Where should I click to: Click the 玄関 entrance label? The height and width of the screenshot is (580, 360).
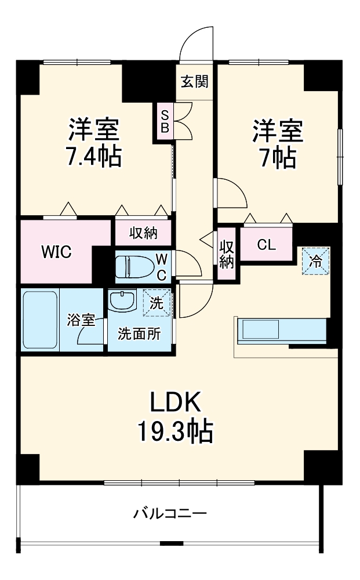coord(194,81)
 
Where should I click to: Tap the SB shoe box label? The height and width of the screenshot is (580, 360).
coord(165,121)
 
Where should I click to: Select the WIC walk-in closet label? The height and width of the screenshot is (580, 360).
coord(56,252)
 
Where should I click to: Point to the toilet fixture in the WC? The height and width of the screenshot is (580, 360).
coord(133,266)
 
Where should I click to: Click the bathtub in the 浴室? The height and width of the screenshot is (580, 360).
coord(40,320)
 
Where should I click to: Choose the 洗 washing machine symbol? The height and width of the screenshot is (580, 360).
coord(157,303)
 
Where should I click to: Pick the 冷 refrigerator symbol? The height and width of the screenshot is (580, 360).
coord(315,261)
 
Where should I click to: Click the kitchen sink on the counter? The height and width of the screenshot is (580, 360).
coord(260,329)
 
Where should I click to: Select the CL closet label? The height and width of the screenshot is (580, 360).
coord(266,245)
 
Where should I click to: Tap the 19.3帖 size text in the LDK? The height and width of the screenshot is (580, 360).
coord(176,431)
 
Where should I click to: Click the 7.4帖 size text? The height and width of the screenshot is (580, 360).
coord(93,157)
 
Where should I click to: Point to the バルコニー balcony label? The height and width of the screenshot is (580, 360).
coord(170,513)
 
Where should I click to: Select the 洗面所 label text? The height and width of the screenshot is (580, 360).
coord(139,334)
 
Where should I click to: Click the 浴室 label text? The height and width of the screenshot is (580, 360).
coord(81,320)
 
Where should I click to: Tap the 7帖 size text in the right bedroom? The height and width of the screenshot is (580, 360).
coord(278,158)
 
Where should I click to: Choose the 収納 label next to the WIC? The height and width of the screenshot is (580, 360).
coord(143,233)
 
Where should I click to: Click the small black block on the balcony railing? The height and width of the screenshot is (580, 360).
coord(172,543)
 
